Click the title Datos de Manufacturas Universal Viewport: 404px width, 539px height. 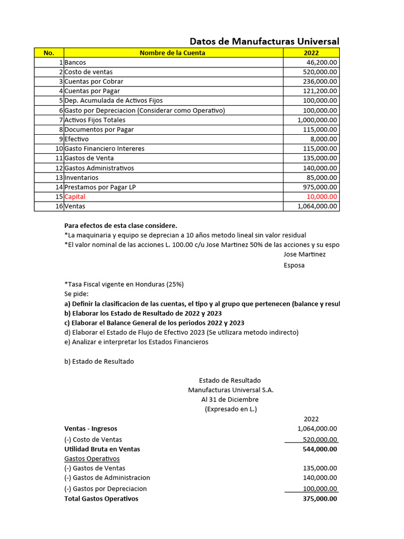264,42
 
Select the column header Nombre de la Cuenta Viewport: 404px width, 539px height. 173,53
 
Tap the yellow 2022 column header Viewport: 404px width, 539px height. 311,53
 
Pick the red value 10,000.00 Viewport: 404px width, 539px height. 321,196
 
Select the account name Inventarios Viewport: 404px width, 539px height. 81,177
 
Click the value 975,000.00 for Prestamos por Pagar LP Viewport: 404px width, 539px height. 319,187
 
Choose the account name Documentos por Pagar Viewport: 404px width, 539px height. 99,129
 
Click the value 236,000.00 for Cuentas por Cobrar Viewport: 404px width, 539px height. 319,82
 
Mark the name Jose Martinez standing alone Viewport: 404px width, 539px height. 305,254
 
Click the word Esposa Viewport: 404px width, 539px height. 294,265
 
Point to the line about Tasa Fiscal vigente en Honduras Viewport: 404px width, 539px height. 124,284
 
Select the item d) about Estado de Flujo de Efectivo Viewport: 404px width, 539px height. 181,332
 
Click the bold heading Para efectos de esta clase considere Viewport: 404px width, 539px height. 120,225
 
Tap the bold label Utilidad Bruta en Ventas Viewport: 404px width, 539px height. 102,449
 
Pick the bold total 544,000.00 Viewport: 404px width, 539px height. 320,449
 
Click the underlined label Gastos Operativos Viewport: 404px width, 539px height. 92,458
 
